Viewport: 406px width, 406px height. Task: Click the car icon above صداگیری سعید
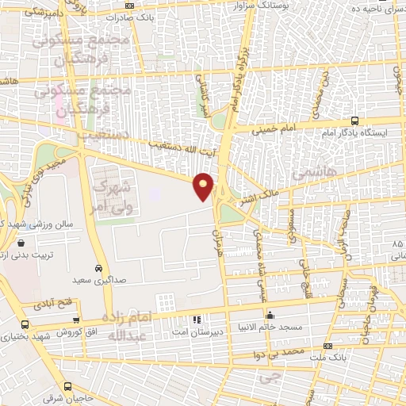98,268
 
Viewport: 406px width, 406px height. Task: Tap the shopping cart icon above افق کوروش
76,321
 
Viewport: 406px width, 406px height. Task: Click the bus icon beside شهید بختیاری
25,324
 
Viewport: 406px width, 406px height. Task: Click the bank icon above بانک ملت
328,347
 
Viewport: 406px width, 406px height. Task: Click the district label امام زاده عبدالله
132,324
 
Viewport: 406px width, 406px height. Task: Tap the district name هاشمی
314,170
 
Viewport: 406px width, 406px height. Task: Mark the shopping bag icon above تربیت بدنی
20,242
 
